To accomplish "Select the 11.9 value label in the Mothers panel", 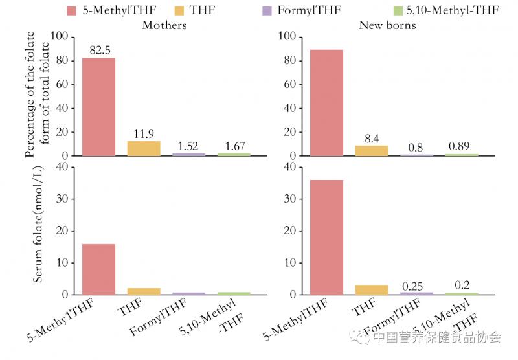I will pyautogui.click(x=144, y=134).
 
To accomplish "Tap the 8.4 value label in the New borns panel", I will pyautogui.click(x=371, y=138).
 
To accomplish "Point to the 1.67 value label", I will pyautogui.click(x=232, y=146).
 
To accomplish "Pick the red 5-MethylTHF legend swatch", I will pyautogui.click(x=72, y=10).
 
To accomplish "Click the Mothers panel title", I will pyautogui.click(x=164, y=25).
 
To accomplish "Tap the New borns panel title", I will pyautogui.click(x=387, y=25).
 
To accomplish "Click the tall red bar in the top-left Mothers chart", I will pyautogui.click(x=98, y=107).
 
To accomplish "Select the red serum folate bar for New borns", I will pyautogui.click(x=327, y=237).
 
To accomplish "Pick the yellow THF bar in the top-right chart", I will pyautogui.click(x=372, y=150).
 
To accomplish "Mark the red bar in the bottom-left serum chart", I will pyautogui.click(x=98, y=269).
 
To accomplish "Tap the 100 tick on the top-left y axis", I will pyautogui.click(x=60, y=37).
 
